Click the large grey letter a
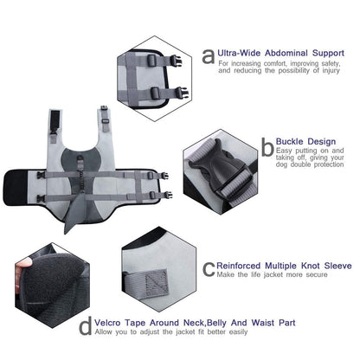point(209,56)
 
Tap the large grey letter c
point(209,269)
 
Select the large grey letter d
point(86,325)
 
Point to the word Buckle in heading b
point(289,142)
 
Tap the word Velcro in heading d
point(107,323)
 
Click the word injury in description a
point(331,71)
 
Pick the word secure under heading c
point(317,274)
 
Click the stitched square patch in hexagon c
point(157,283)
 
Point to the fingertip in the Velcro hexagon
point(24,263)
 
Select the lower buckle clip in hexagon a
point(182,93)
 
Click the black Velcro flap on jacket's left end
point(16,188)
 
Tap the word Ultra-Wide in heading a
point(239,53)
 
